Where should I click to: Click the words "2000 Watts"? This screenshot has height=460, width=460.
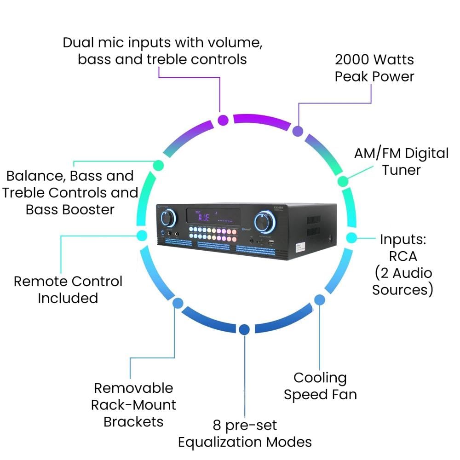click(374, 60)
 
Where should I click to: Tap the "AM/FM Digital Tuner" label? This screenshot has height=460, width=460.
click(401, 161)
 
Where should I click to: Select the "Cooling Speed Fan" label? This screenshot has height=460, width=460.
click(320, 386)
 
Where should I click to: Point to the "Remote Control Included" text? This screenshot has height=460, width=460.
click(68, 289)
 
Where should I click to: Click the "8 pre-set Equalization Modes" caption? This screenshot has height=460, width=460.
click(245, 433)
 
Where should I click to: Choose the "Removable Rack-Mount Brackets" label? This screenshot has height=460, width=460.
click(133, 405)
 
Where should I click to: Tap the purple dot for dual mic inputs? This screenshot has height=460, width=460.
click(223, 121)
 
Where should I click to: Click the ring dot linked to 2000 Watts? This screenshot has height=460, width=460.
click(298, 131)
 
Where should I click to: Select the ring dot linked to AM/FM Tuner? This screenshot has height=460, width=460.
click(343, 181)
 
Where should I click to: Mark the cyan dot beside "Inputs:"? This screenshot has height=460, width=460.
click(351, 238)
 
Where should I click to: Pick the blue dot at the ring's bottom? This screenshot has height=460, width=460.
click(244, 329)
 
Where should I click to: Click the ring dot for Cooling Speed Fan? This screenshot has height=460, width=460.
click(319, 300)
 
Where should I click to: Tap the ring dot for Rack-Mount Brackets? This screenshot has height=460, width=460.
click(178, 303)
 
